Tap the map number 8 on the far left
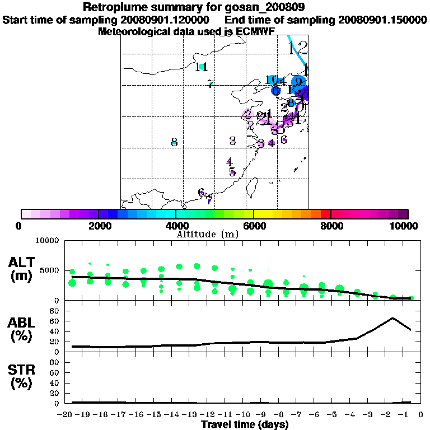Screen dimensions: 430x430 pyautogui.click(x=174, y=142)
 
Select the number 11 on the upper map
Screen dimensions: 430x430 pyautogui.click(x=202, y=67)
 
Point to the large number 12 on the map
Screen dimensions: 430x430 pyautogui.click(x=298, y=48)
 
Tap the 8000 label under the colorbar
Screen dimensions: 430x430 pyautogui.click(x=331, y=226)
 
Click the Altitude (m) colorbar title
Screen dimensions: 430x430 pyautogui.click(x=207, y=234)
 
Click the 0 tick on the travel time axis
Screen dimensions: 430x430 pyautogui.click(x=420, y=415)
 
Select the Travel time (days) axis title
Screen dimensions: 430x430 pyautogui.click(x=245, y=424)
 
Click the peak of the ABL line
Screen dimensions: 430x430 pyautogui.click(x=393, y=318)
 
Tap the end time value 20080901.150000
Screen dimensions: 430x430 pyautogui.click(x=382, y=20)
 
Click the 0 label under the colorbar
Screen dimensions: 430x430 pyautogui.click(x=20, y=226)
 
